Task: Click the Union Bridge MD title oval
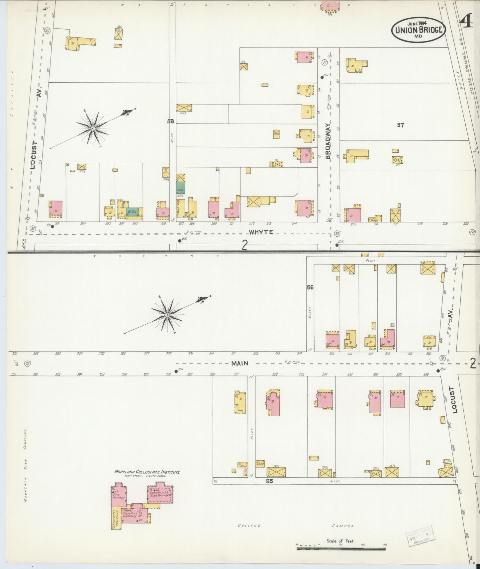coord(418,30)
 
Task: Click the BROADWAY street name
coord(328,144)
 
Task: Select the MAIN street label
coord(240,363)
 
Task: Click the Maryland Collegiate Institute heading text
coord(147,472)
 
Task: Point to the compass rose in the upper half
coord(93,128)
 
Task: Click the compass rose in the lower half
coord(167,314)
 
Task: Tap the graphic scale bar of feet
coord(340,549)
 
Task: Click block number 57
coord(400,125)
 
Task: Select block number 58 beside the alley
coord(170,122)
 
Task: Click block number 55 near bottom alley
coord(269,481)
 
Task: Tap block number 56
coord(310,287)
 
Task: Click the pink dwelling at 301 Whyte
coord(55,209)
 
